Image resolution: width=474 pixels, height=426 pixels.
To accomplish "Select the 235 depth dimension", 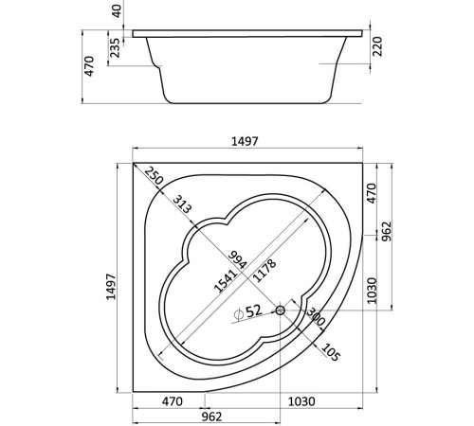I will click(116, 47).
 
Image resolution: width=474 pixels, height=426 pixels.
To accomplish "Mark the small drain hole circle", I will click(281, 310).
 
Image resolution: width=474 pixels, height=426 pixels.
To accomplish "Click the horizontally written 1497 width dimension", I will click(246, 141).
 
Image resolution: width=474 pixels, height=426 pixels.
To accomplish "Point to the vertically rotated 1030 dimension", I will click(372, 289).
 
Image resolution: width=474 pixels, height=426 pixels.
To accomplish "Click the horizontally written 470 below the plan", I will click(171, 401).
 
